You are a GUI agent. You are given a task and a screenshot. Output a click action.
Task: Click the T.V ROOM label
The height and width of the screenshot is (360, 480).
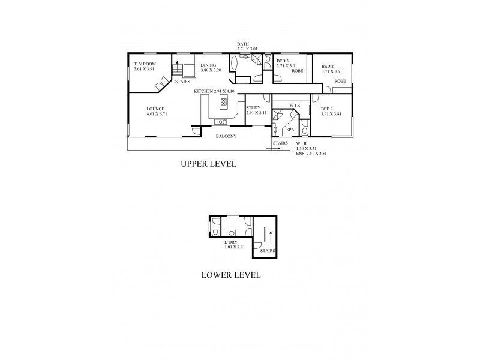145,64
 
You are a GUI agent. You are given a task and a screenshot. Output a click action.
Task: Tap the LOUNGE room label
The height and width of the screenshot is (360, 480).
155,109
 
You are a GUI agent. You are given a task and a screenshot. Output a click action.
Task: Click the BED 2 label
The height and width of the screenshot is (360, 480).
328,66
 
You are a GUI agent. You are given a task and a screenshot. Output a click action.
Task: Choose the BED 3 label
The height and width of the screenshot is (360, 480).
283,61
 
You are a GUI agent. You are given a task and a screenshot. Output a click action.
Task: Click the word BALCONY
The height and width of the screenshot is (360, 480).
226,136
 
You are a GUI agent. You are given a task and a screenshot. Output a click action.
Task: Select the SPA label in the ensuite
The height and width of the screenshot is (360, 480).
290,129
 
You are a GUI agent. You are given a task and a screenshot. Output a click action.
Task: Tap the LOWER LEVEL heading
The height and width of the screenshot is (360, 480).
231,275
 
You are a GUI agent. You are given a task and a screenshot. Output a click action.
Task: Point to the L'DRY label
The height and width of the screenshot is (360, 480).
231,242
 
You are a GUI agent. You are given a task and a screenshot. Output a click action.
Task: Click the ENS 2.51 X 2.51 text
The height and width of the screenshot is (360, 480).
311,154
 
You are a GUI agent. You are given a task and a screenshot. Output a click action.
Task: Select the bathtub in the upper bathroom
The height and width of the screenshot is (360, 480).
233,64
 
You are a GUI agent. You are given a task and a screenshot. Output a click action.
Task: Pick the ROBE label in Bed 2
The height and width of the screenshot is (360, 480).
340,80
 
